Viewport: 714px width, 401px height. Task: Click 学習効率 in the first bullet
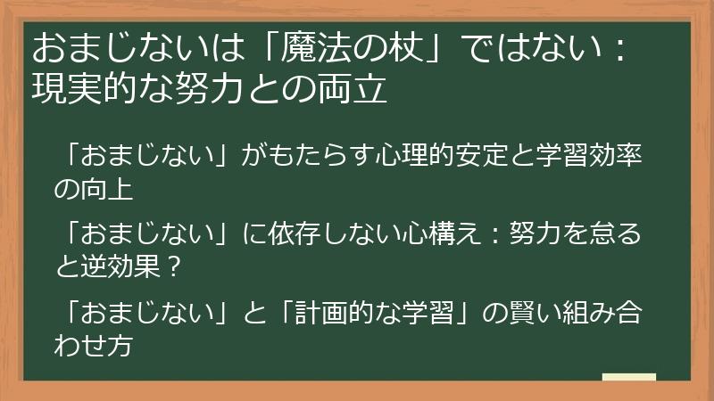pyautogui.click(x=592, y=158)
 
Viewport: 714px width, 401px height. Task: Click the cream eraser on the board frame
pyautogui.click(x=628, y=378)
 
